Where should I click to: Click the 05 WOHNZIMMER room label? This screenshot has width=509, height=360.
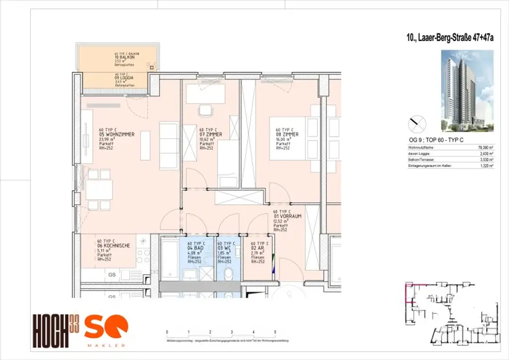click(x=117, y=134)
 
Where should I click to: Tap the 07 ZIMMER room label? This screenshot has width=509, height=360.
click(x=211, y=135)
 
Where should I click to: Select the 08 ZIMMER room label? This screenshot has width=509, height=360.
click(x=286, y=134)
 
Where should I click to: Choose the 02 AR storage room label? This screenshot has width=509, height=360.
click(x=257, y=248)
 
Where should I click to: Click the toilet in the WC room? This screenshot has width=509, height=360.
click(x=229, y=274)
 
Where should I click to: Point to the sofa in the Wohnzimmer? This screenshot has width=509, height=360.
click(x=169, y=145)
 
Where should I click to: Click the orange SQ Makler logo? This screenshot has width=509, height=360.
click(x=105, y=330)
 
